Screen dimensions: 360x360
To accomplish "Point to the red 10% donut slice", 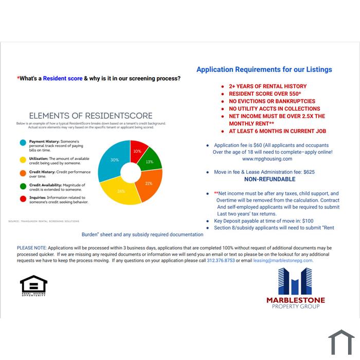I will tap(137, 150).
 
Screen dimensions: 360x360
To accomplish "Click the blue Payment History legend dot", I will tap(23, 142).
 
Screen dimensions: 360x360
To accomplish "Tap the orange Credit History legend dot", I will tap(23, 173).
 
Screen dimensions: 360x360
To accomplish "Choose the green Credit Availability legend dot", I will tap(23, 186).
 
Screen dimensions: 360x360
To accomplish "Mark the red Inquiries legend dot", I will tap(23, 199).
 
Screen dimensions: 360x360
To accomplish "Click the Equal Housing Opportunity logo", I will tap(33, 285).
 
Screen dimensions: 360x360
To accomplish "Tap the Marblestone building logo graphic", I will tap(295, 281).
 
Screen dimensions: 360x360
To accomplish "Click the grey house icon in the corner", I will tap(341, 342).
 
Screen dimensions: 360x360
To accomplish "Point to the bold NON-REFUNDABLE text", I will tap(269, 179).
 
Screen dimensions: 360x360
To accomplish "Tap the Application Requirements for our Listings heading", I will tap(264, 69).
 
